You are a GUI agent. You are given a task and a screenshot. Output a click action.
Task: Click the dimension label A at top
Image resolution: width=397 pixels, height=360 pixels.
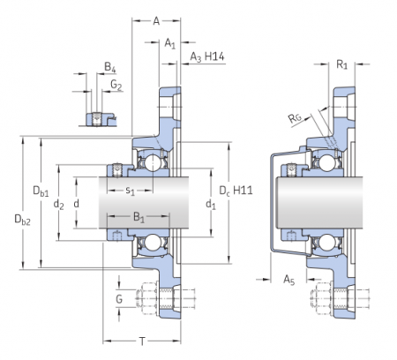coord(155,20)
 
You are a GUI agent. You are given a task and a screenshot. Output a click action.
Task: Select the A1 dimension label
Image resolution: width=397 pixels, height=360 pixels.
coord(170,42)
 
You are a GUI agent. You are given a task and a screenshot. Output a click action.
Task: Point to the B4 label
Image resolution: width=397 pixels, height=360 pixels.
coord(109,67)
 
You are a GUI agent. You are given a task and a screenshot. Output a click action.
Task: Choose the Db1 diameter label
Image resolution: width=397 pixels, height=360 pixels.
coord(41,191)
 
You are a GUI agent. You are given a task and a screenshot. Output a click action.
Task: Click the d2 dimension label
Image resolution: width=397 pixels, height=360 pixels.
coord(59,205)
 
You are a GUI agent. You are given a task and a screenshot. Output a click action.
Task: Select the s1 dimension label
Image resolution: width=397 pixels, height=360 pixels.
coord(130,189)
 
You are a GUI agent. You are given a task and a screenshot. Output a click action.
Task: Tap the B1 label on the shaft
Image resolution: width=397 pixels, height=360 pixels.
coord(139,216)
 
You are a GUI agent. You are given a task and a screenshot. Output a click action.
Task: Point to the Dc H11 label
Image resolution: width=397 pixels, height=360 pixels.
coord(234,190)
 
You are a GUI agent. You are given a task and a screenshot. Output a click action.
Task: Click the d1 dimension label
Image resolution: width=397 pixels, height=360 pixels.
coord(209,205)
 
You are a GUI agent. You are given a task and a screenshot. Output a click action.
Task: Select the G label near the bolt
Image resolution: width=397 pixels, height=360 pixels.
coord(119,300)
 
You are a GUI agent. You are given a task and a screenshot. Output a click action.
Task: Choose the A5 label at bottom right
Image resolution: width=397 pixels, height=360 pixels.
coord(289,280)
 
